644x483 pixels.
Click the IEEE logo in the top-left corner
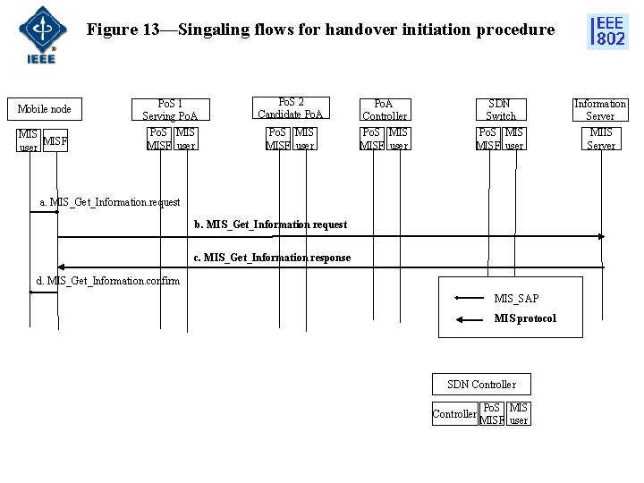tap(37, 34)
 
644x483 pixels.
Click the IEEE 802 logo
tap(607, 30)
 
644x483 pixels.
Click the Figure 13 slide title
tap(320, 30)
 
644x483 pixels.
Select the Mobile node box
tap(46, 109)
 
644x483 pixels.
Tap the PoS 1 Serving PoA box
tap(170, 109)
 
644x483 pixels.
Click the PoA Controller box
tap(385, 109)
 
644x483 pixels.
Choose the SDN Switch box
tap(501, 109)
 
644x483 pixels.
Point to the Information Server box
tap(600, 109)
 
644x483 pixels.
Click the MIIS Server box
tap(601, 139)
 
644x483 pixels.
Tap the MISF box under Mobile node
tap(55, 140)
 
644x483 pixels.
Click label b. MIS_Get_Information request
tap(270, 225)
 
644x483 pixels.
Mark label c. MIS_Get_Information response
tap(272, 258)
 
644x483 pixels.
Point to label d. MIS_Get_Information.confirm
tap(107, 281)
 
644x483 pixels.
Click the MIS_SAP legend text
tap(516, 298)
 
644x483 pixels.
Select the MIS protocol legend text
tap(525, 318)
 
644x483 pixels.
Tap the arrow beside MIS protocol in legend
tap(470, 318)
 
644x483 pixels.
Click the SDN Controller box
tap(481, 385)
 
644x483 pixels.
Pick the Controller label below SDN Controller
tap(454, 414)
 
